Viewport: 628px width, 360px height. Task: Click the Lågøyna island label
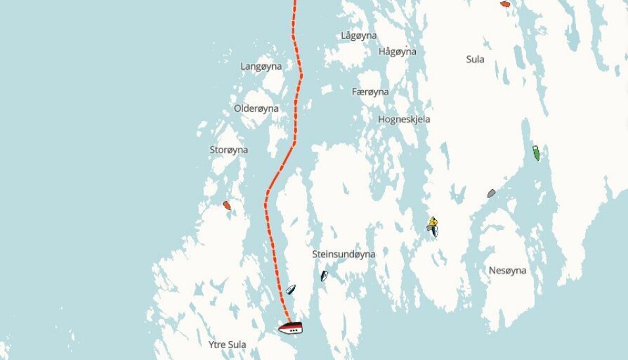click(359, 35)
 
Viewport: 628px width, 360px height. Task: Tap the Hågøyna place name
click(397, 51)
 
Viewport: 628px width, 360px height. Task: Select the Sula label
click(475, 59)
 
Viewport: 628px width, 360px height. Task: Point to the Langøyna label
click(261, 66)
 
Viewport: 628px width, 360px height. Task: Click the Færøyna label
click(370, 92)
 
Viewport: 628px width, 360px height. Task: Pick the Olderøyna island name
click(256, 108)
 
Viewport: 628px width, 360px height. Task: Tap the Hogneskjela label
click(404, 120)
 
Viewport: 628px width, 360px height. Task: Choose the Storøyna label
click(229, 150)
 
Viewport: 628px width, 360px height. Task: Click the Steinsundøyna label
click(343, 254)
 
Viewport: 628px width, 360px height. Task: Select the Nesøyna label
click(507, 270)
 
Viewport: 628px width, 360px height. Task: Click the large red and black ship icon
click(290, 327)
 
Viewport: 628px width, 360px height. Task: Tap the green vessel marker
click(536, 153)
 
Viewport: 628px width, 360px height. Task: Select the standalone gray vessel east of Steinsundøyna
click(491, 193)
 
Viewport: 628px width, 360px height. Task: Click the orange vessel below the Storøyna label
click(227, 205)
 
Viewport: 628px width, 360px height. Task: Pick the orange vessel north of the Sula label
click(505, 4)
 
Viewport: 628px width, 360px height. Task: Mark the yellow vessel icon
click(432, 221)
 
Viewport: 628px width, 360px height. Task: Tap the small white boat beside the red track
click(290, 289)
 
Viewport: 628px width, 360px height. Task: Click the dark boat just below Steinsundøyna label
click(324, 277)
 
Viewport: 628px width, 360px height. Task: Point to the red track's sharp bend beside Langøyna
click(302, 74)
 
